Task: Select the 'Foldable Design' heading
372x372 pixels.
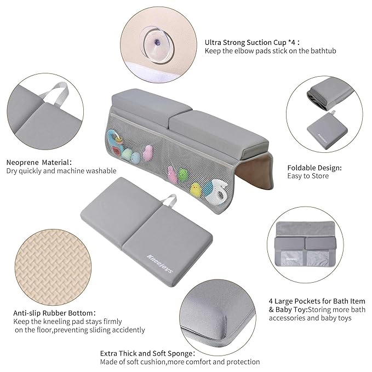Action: [x=314, y=168]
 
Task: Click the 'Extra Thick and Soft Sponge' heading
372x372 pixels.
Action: [x=147, y=353]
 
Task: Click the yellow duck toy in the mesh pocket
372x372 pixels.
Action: [x=195, y=190]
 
